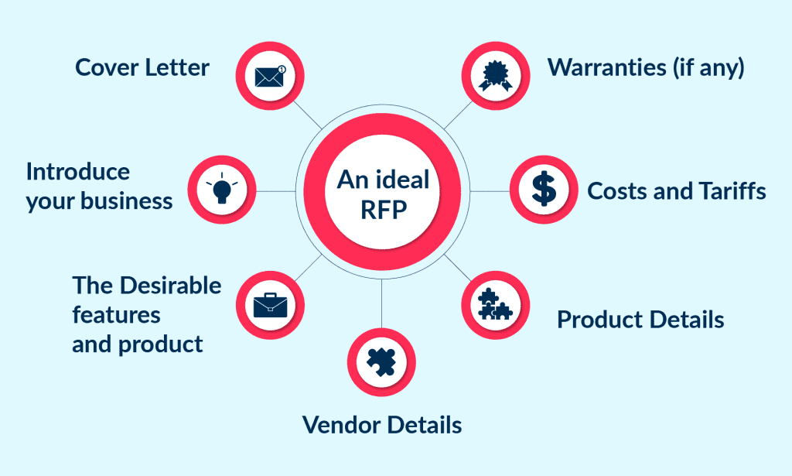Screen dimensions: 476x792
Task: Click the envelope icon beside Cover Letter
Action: [270, 76]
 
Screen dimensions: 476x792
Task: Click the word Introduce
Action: [77, 171]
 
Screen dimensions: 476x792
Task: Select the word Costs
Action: [620, 190]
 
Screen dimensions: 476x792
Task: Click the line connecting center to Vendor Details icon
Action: [382, 303]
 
